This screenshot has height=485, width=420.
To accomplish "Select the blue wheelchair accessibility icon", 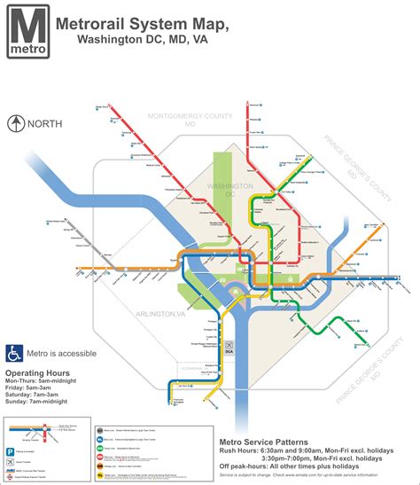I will click(x=15, y=352).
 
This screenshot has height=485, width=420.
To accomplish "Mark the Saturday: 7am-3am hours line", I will click(x=43, y=401).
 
